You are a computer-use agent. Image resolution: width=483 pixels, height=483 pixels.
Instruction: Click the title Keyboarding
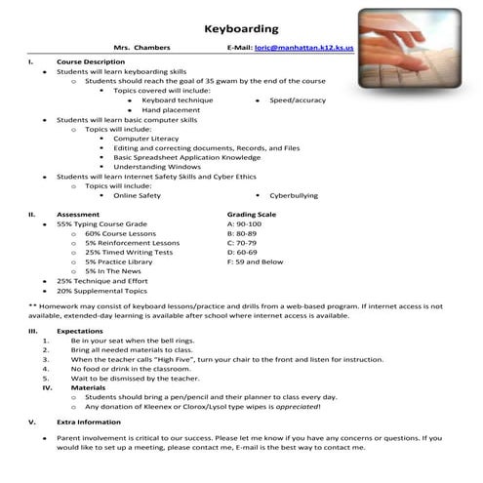click(241, 29)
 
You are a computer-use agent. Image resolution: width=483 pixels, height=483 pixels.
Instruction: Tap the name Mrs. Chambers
click(142, 47)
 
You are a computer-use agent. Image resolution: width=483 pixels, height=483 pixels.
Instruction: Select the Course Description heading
click(91, 61)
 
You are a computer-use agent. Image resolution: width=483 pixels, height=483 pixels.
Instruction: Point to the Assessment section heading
click(77, 214)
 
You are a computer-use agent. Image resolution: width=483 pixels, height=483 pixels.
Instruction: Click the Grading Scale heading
click(251, 214)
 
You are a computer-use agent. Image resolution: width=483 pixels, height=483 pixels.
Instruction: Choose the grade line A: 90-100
click(244, 224)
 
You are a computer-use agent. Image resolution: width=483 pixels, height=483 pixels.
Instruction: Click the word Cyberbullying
click(293, 195)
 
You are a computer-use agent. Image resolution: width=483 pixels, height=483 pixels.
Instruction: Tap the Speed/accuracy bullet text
click(298, 100)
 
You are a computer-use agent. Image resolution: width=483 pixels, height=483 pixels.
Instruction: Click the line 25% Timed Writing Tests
click(129, 252)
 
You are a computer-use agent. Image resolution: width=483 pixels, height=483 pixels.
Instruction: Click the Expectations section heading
click(80, 331)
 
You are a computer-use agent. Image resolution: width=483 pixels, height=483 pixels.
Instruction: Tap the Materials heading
click(74, 387)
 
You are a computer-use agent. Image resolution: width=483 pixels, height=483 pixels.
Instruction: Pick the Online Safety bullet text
click(137, 195)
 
